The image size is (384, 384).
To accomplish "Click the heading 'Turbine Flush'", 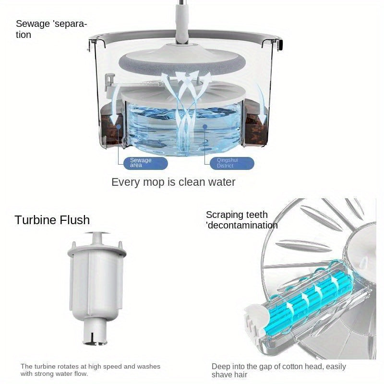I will click(52, 220).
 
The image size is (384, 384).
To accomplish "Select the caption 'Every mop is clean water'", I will click(173, 182).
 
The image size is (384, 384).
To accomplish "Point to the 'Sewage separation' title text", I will click(51, 29).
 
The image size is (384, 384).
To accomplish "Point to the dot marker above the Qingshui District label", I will click(205, 128).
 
